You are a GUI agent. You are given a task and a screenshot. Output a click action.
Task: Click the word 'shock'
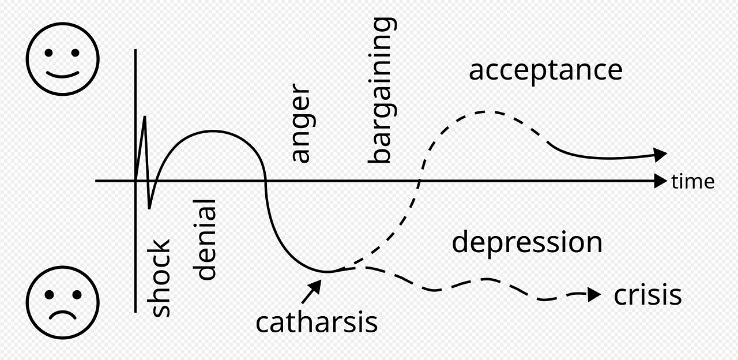click(161, 277)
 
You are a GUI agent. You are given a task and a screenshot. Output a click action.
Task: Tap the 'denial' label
click(206, 239)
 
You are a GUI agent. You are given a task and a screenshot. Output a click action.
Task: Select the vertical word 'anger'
click(300, 123)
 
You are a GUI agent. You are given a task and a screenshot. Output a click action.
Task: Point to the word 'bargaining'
click(382, 91)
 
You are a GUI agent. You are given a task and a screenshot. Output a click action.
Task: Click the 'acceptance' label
click(545, 70)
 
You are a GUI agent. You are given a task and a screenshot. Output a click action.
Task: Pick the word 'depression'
click(527, 242)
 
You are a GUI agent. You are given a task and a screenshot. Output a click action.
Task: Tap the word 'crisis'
click(647, 295)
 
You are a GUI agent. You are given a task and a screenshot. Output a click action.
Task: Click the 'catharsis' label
click(317, 322)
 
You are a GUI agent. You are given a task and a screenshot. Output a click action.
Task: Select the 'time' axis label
click(693, 182)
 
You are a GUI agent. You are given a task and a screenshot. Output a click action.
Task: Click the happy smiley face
click(62, 59)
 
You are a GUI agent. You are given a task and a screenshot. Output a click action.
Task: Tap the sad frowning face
click(62, 302)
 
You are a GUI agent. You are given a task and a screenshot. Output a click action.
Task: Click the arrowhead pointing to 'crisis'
click(594, 295)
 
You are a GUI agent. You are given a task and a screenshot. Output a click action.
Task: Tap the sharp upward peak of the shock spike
click(144, 117)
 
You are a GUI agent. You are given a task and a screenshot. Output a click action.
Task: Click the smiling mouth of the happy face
click(62, 74)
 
